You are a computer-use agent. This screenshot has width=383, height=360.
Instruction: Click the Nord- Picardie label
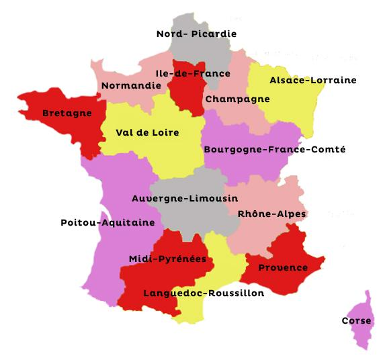(196, 34)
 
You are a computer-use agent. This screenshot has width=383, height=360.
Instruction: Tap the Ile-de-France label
(192, 73)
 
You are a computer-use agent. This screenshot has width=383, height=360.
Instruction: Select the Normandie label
(131, 85)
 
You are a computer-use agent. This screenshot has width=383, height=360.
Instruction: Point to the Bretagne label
(67, 113)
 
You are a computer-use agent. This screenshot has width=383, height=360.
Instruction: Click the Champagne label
(237, 99)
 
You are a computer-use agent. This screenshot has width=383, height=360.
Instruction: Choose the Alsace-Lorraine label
(312, 80)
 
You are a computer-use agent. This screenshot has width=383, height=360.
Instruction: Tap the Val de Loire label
(147, 132)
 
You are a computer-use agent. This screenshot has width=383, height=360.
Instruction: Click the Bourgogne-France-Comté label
(274, 149)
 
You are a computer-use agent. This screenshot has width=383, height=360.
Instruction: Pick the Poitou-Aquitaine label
(108, 222)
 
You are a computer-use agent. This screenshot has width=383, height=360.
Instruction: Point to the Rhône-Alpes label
(272, 214)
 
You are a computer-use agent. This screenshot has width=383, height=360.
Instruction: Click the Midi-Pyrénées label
(167, 259)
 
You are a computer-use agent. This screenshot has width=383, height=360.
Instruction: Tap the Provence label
(283, 267)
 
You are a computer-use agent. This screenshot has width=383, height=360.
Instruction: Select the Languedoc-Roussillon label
(204, 293)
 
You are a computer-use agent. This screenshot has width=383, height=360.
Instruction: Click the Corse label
(356, 320)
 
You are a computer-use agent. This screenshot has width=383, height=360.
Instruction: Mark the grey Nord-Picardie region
(202, 54)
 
